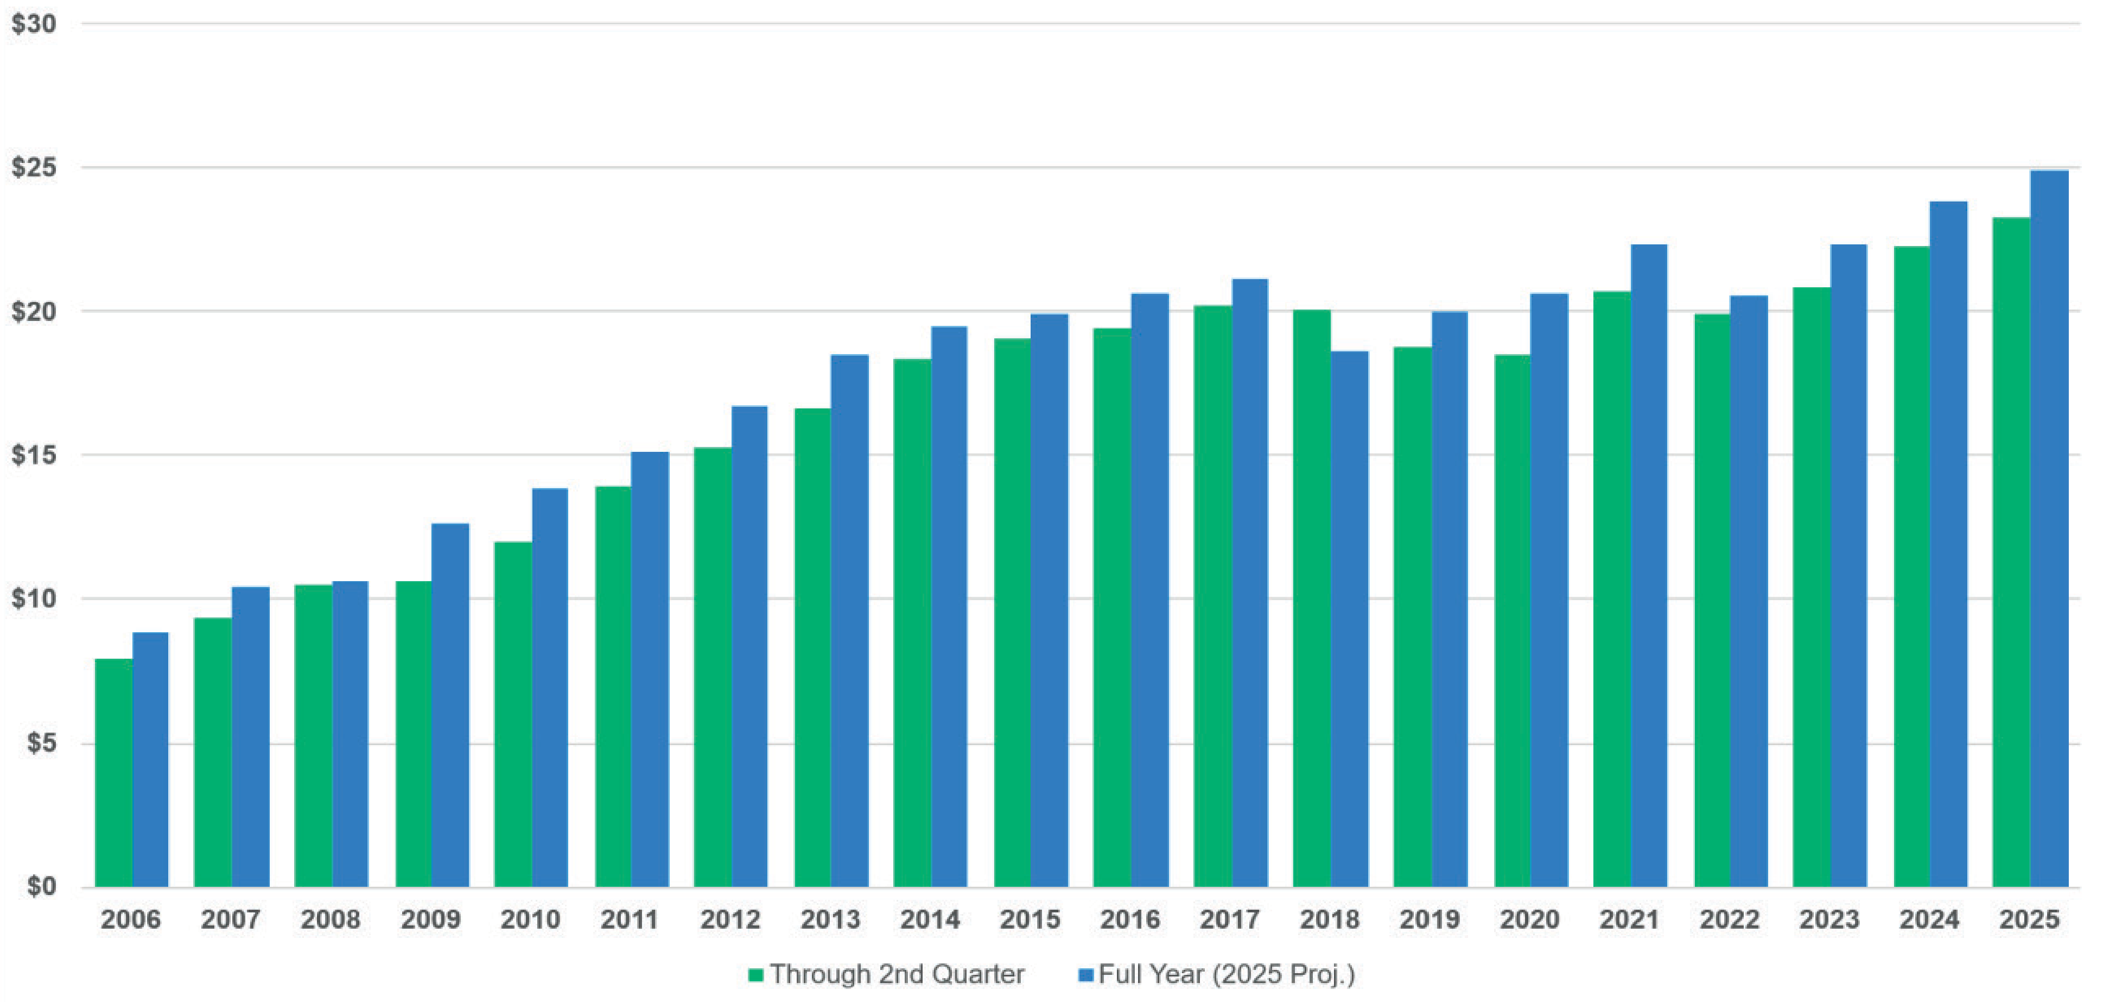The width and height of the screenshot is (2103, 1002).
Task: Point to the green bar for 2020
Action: pyautogui.click(x=1512, y=621)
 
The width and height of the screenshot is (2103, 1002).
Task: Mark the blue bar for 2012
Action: pyautogui.click(x=749, y=646)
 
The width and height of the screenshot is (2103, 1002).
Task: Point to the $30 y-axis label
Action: pyautogui.click(x=34, y=24)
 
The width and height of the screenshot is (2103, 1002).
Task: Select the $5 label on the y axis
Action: pyautogui.click(x=40, y=743)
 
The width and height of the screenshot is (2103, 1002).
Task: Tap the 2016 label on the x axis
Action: pyautogui.click(x=1130, y=919)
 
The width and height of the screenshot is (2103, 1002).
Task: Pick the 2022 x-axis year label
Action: pyautogui.click(x=1729, y=919)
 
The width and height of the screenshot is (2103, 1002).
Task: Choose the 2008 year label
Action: pyautogui.click(x=331, y=919)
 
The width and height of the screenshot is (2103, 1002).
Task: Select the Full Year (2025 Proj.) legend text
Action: pyautogui.click(x=1226, y=974)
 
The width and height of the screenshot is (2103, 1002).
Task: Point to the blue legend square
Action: pyautogui.click(x=1086, y=974)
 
